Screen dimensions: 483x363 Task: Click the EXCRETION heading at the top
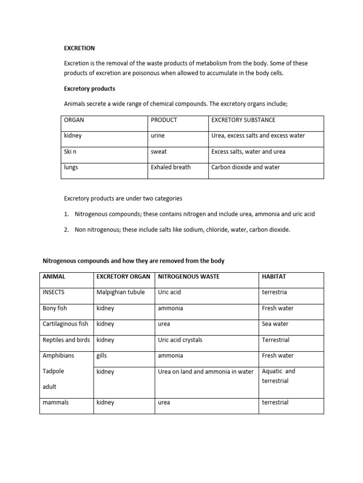[79, 48]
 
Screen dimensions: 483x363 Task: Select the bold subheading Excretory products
[89, 89]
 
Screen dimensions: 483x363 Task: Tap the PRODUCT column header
[164, 120]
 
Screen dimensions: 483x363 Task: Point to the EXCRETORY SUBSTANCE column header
[243, 120]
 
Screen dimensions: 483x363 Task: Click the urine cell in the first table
[158, 136]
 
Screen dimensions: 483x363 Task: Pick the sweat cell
[159, 152]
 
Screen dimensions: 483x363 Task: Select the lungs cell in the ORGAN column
[71, 167]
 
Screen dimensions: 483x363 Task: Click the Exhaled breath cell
[171, 167]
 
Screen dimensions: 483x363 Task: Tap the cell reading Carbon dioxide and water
[245, 167]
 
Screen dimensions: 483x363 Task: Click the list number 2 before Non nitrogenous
[66, 230]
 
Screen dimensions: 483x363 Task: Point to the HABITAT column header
[274, 276]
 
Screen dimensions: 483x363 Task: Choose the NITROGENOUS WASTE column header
[189, 276]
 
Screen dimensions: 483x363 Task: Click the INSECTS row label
[53, 292]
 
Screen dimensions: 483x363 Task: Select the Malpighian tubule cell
[121, 292]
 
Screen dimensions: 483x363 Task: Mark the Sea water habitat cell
[275, 324]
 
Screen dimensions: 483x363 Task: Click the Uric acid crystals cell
[180, 340]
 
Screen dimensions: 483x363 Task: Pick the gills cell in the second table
[102, 356]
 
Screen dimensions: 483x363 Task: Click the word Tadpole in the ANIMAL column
[53, 371]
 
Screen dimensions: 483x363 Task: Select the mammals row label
[55, 403]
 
